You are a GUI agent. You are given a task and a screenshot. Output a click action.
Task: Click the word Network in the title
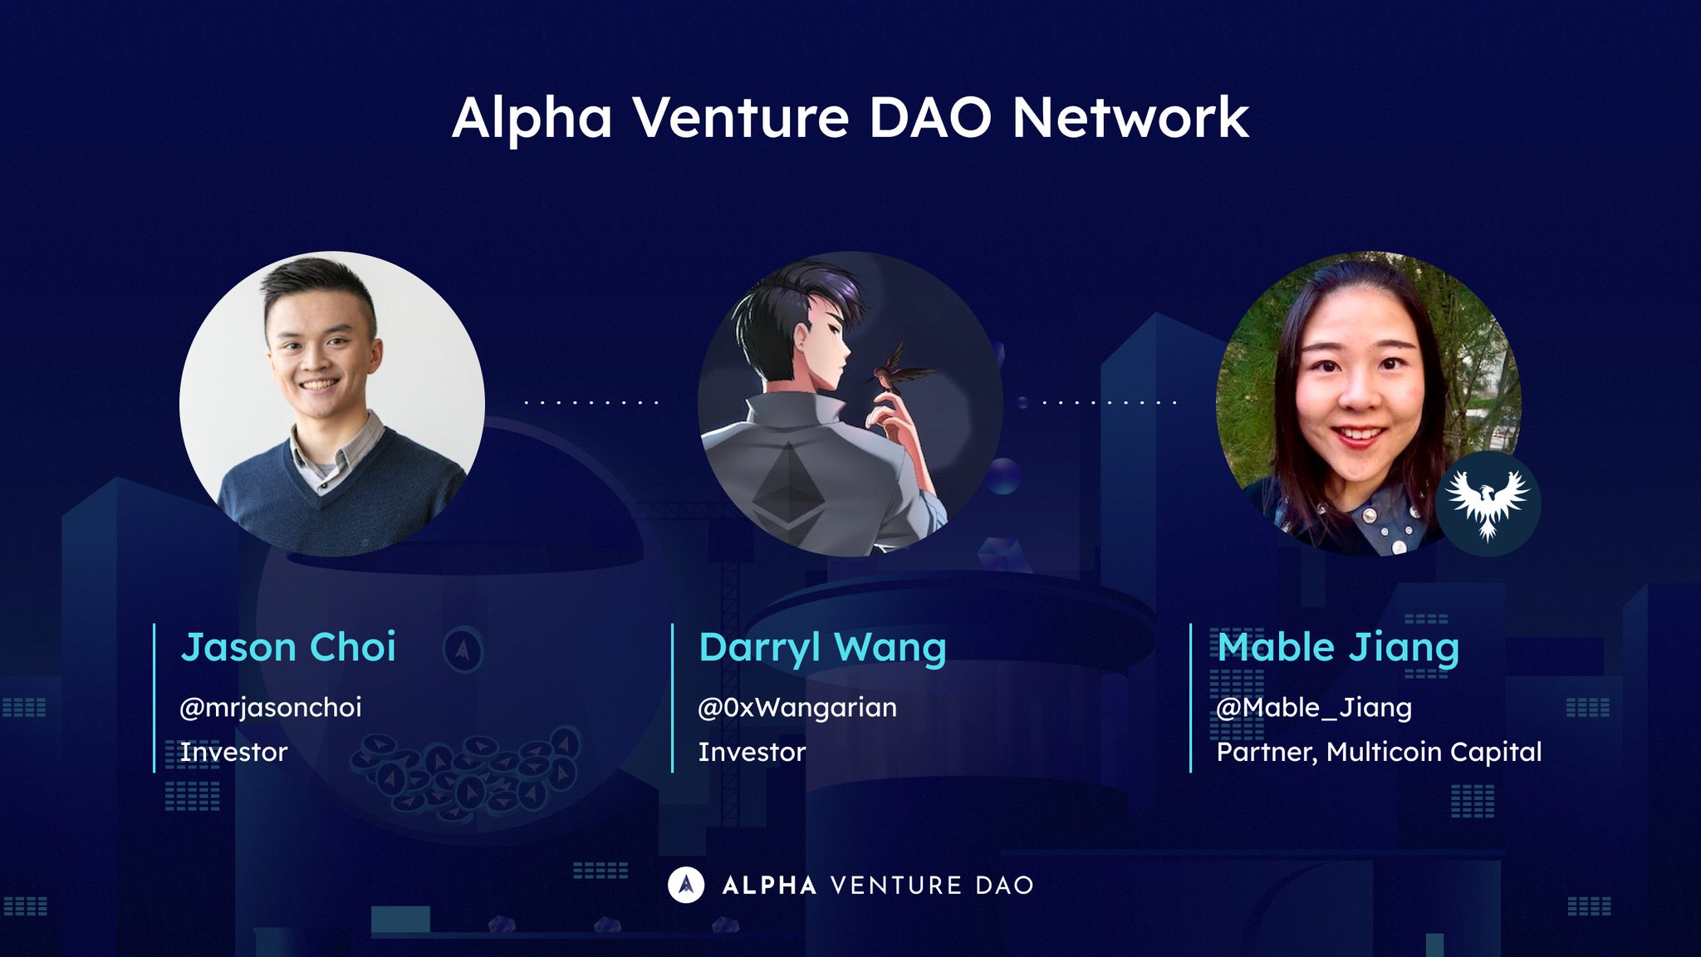pyautogui.click(x=1130, y=118)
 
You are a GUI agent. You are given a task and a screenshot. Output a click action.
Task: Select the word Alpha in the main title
pyautogui.click(x=532, y=118)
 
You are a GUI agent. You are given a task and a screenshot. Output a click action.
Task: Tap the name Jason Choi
pyautogui.click(x=288, y=647)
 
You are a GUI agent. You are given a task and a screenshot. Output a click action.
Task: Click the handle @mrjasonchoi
pyautogui.click(x=271, y=708)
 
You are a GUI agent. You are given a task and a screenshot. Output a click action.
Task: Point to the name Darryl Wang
pyautogui.click(x=822, y=647)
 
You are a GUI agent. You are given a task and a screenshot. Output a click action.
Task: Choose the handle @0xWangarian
pyautogui.click(x=797, y=708)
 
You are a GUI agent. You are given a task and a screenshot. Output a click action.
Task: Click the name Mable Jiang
pyautogui.click(x=1338, y=647)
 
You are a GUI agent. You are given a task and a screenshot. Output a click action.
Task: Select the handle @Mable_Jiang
pyautogui.click(x=1314, y=708)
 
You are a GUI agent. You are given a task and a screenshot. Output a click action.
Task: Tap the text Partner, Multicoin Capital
pyautogui.click(x=1379, y=752)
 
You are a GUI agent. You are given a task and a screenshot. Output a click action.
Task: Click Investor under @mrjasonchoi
pyautogui.click(x=233, y=752)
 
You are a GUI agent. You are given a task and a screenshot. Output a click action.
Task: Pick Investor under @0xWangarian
pyautogui.click(x=752, y=752)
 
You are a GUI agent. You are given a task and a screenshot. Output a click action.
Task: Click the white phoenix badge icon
pyautogui.click(x=1488, y=503)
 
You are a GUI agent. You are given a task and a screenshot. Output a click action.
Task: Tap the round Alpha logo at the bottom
pyautogui.click(x=686, y=885)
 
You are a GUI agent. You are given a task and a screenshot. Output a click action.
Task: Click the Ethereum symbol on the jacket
pyautogui.click(x=789, y=486)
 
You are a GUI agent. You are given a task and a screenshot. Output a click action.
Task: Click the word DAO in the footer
pyautogui.click(x=1005, y=886)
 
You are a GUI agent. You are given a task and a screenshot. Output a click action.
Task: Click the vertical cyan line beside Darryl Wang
pyautogui.click(x=672, y=698)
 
